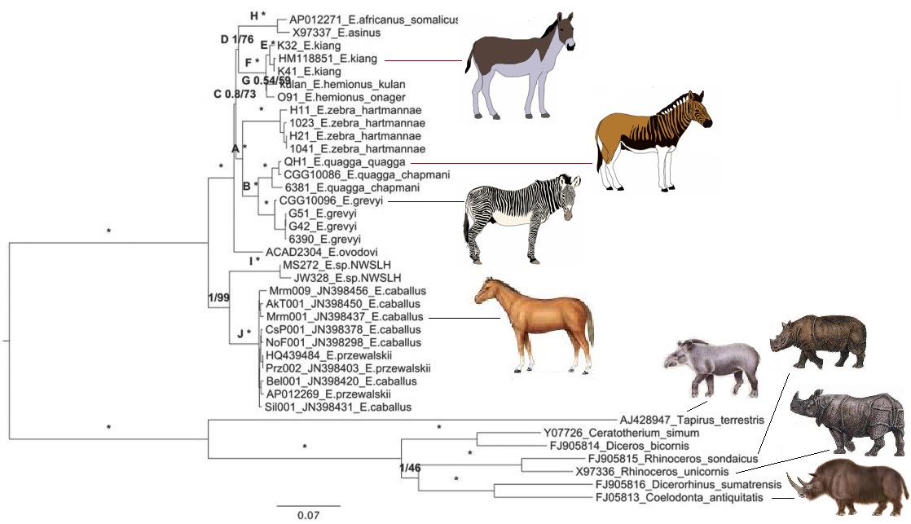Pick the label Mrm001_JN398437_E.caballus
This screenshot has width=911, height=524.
(343, 316)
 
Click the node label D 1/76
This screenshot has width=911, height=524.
(239, 39)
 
